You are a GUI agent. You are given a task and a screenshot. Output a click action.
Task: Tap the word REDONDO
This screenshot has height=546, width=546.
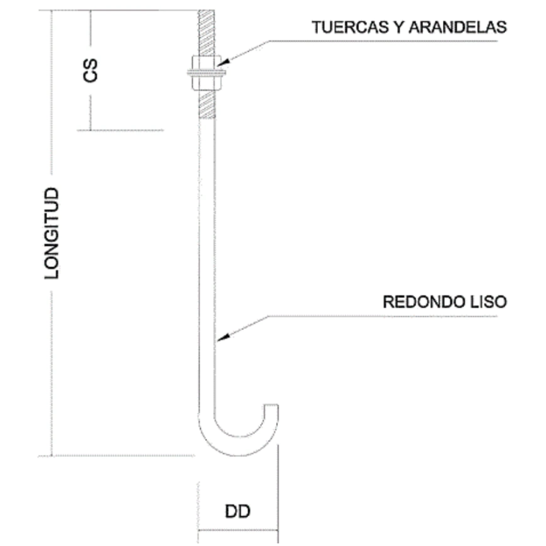[x=421, y=302]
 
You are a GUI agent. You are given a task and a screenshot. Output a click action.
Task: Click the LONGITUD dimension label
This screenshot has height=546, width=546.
[x=52, y=233]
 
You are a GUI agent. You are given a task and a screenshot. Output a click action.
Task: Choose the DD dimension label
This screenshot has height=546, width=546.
[x=238, y=511]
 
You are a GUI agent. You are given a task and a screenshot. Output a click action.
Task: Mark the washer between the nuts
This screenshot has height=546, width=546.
[x=207, y=74]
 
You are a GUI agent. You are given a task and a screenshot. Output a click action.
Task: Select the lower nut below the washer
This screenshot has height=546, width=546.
[x=207, y=83]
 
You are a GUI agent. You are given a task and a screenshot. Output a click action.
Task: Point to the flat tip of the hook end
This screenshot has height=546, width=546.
[x=271, y=405]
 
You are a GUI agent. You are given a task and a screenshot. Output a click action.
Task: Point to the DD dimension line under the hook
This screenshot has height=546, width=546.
[x=238, y=530]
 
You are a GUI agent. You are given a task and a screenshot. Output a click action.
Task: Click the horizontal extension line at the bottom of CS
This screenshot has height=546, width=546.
[x=121, y=130]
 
